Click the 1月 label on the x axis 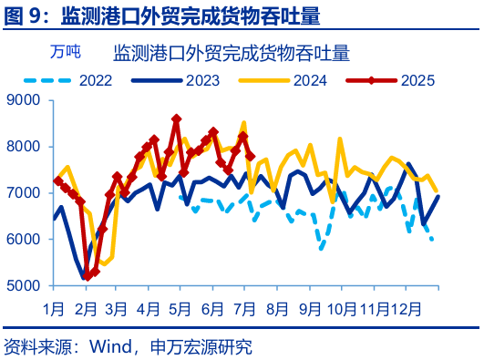tap(53, 308)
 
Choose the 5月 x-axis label tap(180, 308)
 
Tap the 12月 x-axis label tap(407, 308)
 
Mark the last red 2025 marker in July tap(251, 157)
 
